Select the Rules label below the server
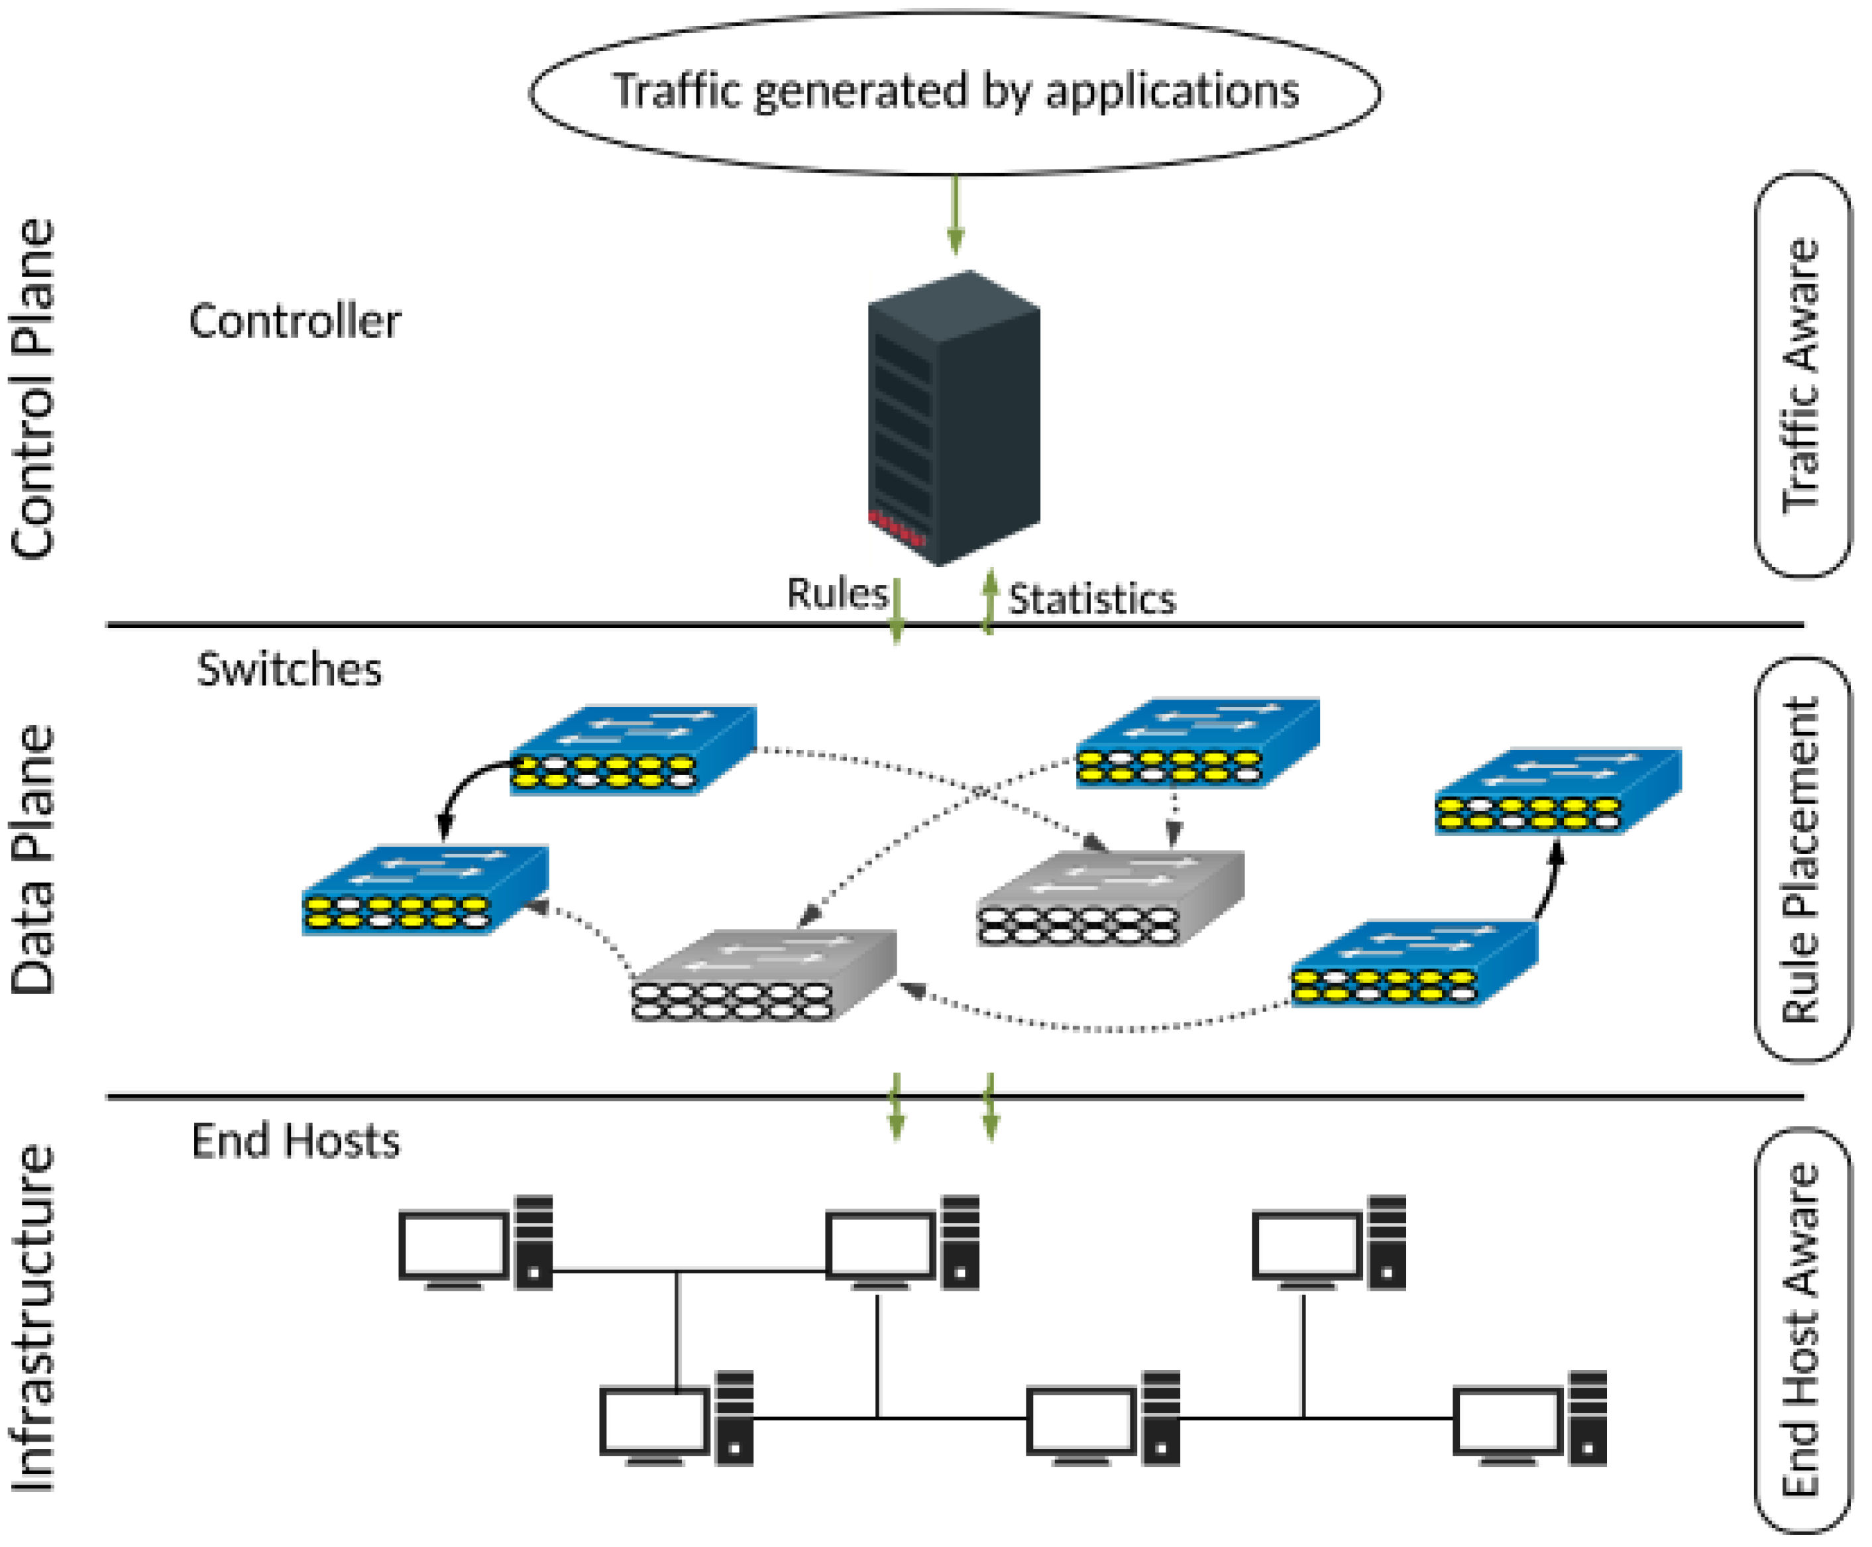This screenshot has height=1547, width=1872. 837,594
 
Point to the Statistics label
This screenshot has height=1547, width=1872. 1092,599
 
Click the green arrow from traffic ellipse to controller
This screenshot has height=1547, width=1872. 956,215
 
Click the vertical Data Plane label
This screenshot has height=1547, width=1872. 33,861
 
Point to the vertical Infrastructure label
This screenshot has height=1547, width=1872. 33,1319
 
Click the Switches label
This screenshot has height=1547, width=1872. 289,669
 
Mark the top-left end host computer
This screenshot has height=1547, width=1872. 475,1243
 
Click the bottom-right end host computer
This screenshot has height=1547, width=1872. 1529,1418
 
